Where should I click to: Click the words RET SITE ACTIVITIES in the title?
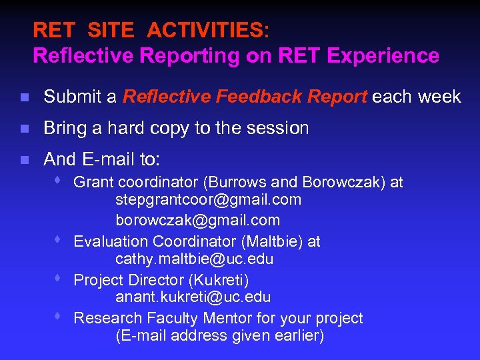coord(151,31)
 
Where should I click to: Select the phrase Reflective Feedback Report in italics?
coord(245,97)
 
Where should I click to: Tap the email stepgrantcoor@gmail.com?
coord(208,199)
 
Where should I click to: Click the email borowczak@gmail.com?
coord(197,220)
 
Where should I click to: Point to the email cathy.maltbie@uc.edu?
coord(194,259)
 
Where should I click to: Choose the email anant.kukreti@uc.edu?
coord(193,297)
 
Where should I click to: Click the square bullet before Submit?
coord(24,98)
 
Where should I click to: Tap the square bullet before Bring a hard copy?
coord(24,129)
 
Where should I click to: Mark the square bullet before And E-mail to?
coord(24,160)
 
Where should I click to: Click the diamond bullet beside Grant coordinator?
coord(59,181)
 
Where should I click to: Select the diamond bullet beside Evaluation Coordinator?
coord(59,239)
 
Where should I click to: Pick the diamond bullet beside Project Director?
coord(59,278)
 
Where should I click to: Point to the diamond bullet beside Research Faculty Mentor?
coord(59,317)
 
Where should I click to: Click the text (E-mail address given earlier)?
coord(219,336)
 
